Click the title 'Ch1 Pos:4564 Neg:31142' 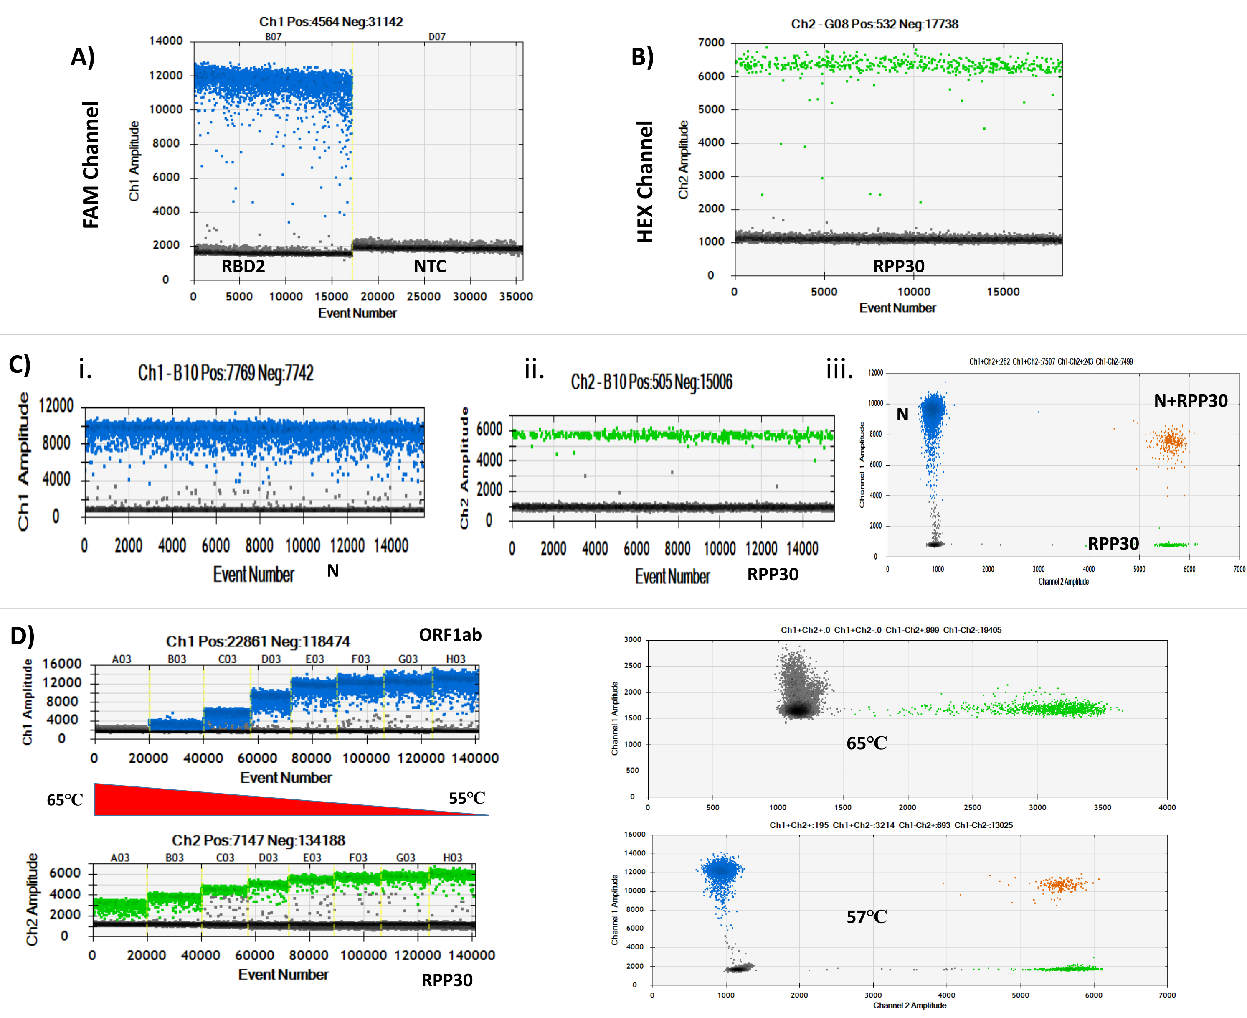(331, 22)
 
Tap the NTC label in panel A (430, 267)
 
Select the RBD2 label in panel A (243, 267)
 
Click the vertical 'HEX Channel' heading (645, 182)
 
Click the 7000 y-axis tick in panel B (711, 43)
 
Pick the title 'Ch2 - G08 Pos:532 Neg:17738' (874, 24)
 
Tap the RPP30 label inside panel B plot (898, 266)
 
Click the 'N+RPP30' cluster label (1190, 401)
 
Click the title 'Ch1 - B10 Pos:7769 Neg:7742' (226, 373)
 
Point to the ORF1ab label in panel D (450, 635)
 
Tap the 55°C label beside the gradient (467, 798)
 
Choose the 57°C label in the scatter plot (866, 916)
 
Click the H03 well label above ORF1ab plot (455, 659)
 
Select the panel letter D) (22, 636)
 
